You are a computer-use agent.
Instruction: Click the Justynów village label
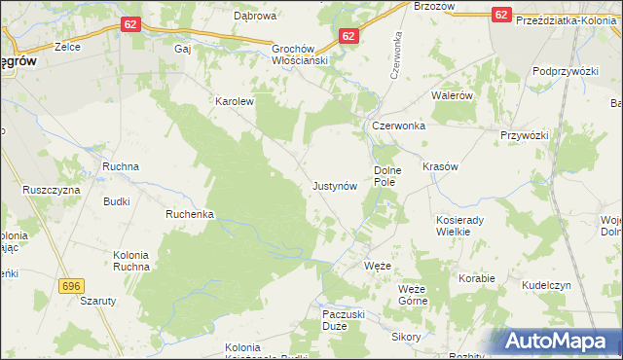coord(338,185)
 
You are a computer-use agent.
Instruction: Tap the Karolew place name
coord(234,100)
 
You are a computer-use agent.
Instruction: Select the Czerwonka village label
coord(396,126)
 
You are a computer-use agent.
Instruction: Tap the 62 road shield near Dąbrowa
coord(132,22)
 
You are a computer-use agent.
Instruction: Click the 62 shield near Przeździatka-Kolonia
coord(501,15)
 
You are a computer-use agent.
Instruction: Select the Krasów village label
coord(440,166)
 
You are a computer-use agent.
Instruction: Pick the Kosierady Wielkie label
coord(459,226)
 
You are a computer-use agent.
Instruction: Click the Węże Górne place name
coord(413,295)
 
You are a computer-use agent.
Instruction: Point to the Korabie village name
coord(477,278)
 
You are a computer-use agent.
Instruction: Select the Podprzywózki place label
coord(564,72)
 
